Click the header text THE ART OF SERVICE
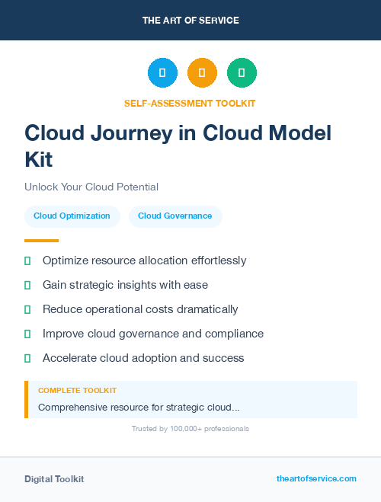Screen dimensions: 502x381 (190, 21)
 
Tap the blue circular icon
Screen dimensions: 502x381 (162, 73)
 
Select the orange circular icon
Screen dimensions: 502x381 (202, 73)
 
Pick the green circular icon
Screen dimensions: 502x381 (242, 73)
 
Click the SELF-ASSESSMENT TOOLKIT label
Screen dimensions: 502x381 (190, 103)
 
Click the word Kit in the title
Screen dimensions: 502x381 (39, 159)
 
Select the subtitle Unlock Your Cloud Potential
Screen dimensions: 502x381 (91, 187)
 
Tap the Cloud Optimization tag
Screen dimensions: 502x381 (72, 216)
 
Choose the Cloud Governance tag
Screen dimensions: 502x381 (175, 216)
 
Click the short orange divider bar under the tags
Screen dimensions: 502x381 (41, 241)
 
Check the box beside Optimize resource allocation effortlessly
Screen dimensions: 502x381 (27, 261)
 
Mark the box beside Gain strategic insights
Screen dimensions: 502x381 (27, 285)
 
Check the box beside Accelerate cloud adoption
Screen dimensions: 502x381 (27, 358)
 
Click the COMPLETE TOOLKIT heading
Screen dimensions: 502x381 (77, 390)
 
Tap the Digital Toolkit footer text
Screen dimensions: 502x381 (54, 479)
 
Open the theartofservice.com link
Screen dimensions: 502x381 (316, 478)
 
